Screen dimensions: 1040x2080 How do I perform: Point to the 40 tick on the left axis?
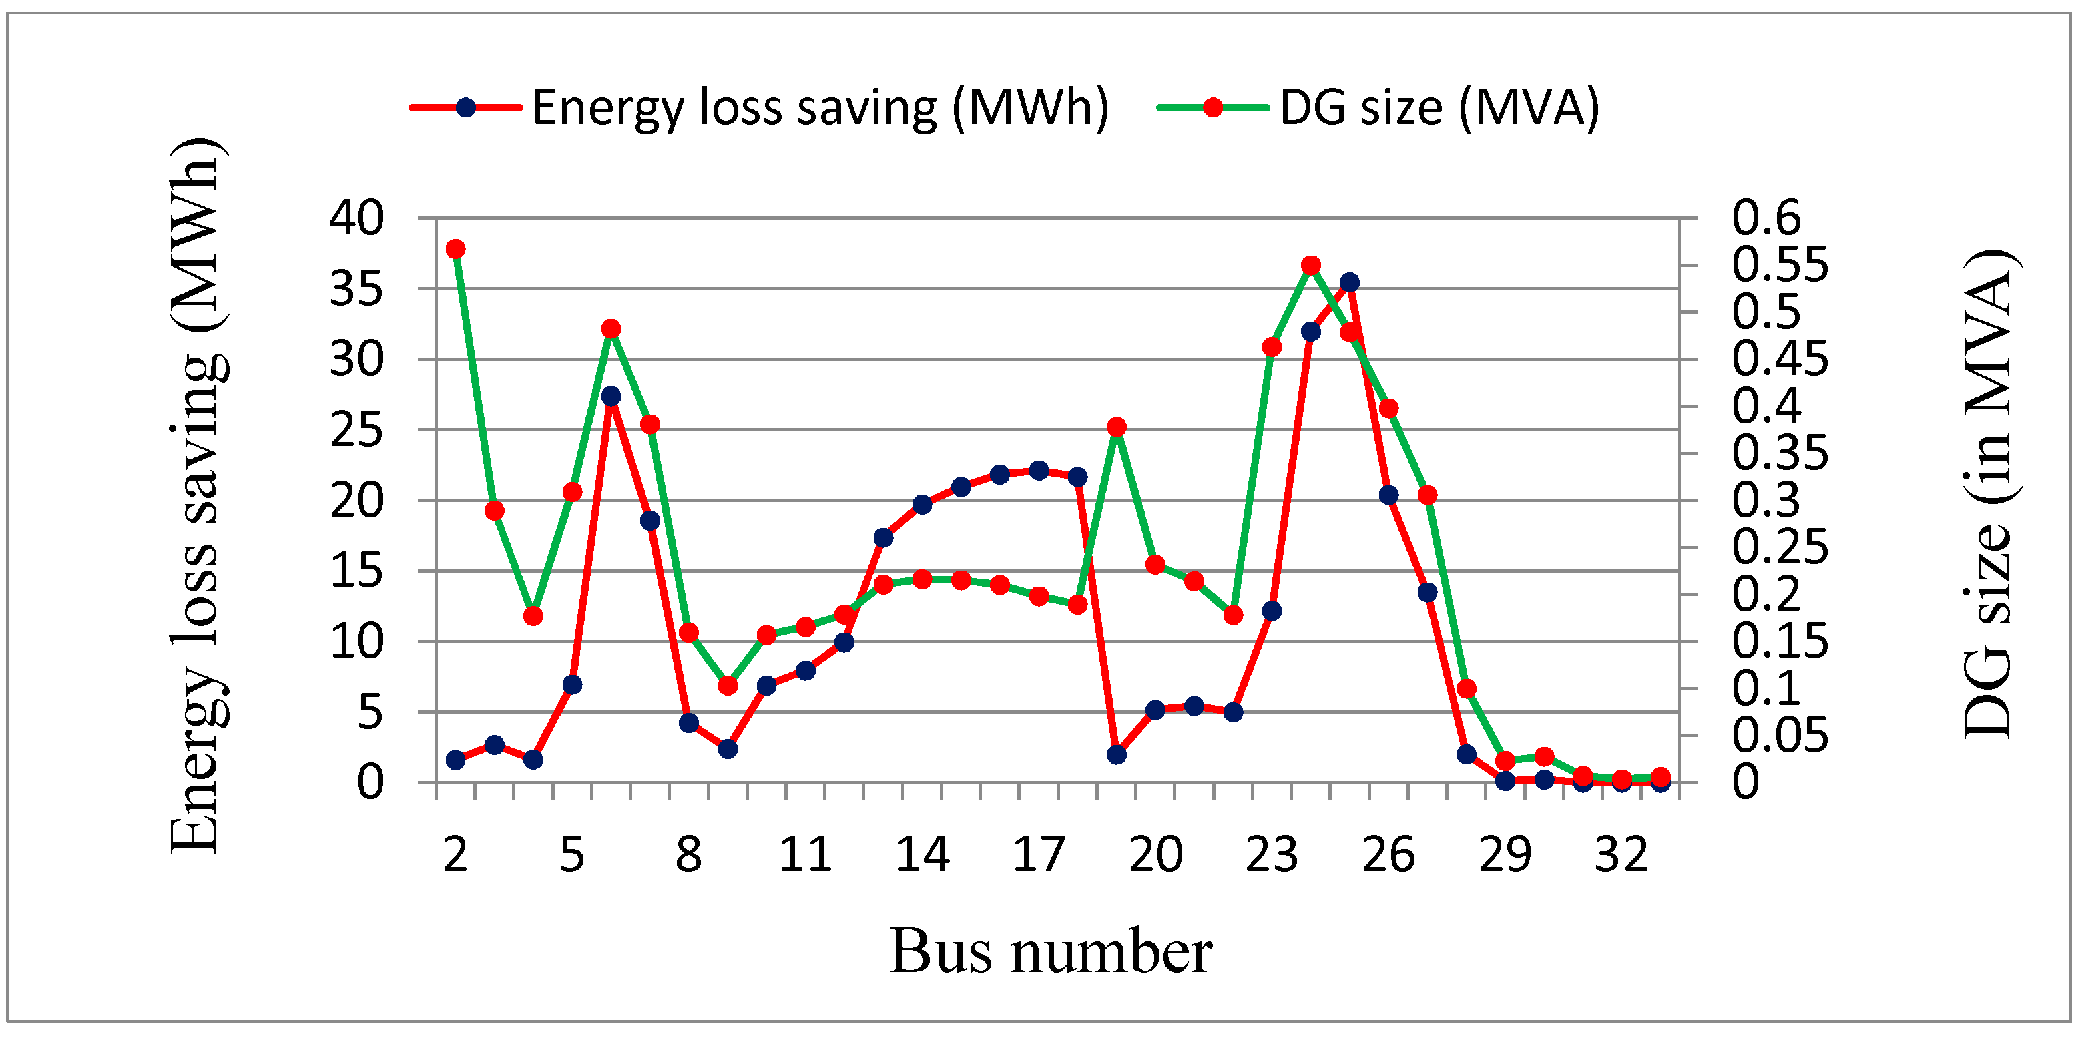[x=356, y=218]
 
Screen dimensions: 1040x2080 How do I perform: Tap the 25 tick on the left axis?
[x=356, y=431]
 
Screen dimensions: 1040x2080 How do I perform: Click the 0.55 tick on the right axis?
[x=1779, y=265]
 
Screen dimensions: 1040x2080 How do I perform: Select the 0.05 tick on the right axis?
[x=1779, y=736]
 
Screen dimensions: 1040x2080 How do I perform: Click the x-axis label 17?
[x=1039, y=855]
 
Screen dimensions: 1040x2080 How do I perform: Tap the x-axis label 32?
[x=1621, y=855]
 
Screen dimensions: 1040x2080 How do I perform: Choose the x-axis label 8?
[x=689, y=855]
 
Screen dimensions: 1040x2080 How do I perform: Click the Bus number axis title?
[x=1051, y=951]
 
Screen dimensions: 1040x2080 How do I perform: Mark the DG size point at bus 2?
[x=455, y=249]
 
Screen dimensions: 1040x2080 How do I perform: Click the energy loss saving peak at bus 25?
[x=1349, y=282]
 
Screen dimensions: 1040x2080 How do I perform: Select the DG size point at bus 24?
[x=1310, y=266]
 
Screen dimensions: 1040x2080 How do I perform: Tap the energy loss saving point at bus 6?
[x=611, y=397]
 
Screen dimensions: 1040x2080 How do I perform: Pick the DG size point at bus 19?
[x=1117, y=427]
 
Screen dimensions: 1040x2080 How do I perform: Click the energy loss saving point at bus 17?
[x=1039, y=471]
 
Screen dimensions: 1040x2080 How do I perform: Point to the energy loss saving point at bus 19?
[x=1117, y=755]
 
